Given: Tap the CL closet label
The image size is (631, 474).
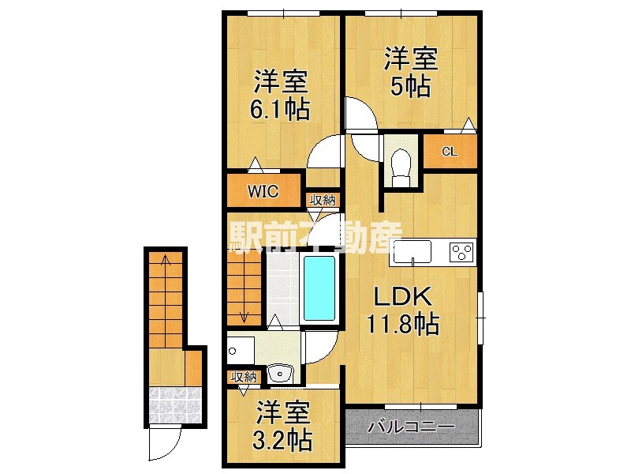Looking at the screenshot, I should pyautogui.click(x=449, y=151).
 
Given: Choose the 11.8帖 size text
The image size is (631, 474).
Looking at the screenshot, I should pyautogui.click(x=402, y=324).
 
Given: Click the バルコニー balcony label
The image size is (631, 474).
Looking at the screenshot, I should pyautogui.click(x=411, y=427).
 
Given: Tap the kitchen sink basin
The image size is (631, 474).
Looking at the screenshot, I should pyautogui.click(x=413, y=253).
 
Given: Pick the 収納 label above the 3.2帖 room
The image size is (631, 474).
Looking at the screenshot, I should pyautogui.click(x=243, y=377).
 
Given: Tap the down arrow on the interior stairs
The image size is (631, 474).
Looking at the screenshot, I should pyautogui.click(x=244, y=317).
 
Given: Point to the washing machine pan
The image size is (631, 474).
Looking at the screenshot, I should pyautogui.click(x=241, y=348).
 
